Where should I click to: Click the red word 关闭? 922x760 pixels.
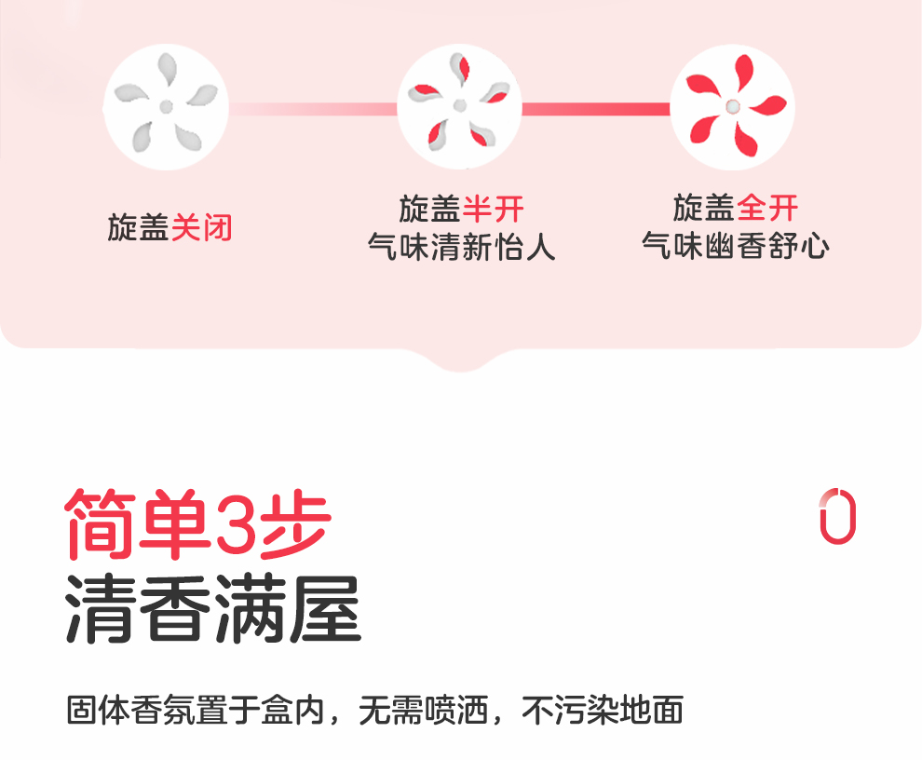pos(201,227)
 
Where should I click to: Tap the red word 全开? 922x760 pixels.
pos(767,207)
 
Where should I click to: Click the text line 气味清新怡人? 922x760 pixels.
pos(461,248)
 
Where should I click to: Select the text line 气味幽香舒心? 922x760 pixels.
pos(735,246)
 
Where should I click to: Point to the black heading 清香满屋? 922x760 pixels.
pos(212,610)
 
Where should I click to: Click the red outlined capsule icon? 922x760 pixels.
pos(837,514)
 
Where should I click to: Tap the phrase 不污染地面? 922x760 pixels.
pos(603,710)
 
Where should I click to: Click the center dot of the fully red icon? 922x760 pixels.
pos(733,107)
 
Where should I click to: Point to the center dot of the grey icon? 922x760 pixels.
pos(166,107)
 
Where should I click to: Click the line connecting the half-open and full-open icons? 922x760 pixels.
pos(596,109)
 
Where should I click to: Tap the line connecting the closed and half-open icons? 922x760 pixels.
pos(313,109)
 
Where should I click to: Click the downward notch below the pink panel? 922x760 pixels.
pos(461,359)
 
